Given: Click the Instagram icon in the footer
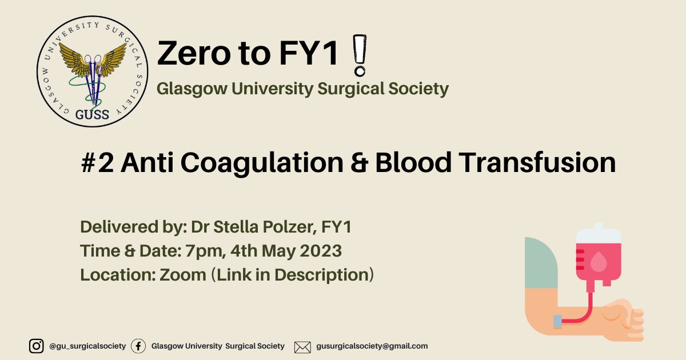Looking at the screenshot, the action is (36, 346).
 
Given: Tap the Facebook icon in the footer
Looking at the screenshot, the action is (138, 346).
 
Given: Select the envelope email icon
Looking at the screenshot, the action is (302, 347).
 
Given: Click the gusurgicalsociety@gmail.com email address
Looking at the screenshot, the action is (372, 346).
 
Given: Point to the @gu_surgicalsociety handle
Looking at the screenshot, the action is (87, 346).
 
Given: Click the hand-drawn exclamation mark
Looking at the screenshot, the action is (360, 55).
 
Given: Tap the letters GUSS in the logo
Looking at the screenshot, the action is (92, 114).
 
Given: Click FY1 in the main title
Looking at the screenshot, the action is (309, 53).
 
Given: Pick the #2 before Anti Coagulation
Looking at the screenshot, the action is (98, 162).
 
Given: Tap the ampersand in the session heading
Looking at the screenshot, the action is (359, 162).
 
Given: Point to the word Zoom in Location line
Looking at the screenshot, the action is (183, 275).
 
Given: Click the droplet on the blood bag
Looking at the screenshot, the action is (599, 262).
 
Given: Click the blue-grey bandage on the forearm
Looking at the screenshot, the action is (558, 322).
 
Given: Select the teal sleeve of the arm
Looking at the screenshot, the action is (541, 263).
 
